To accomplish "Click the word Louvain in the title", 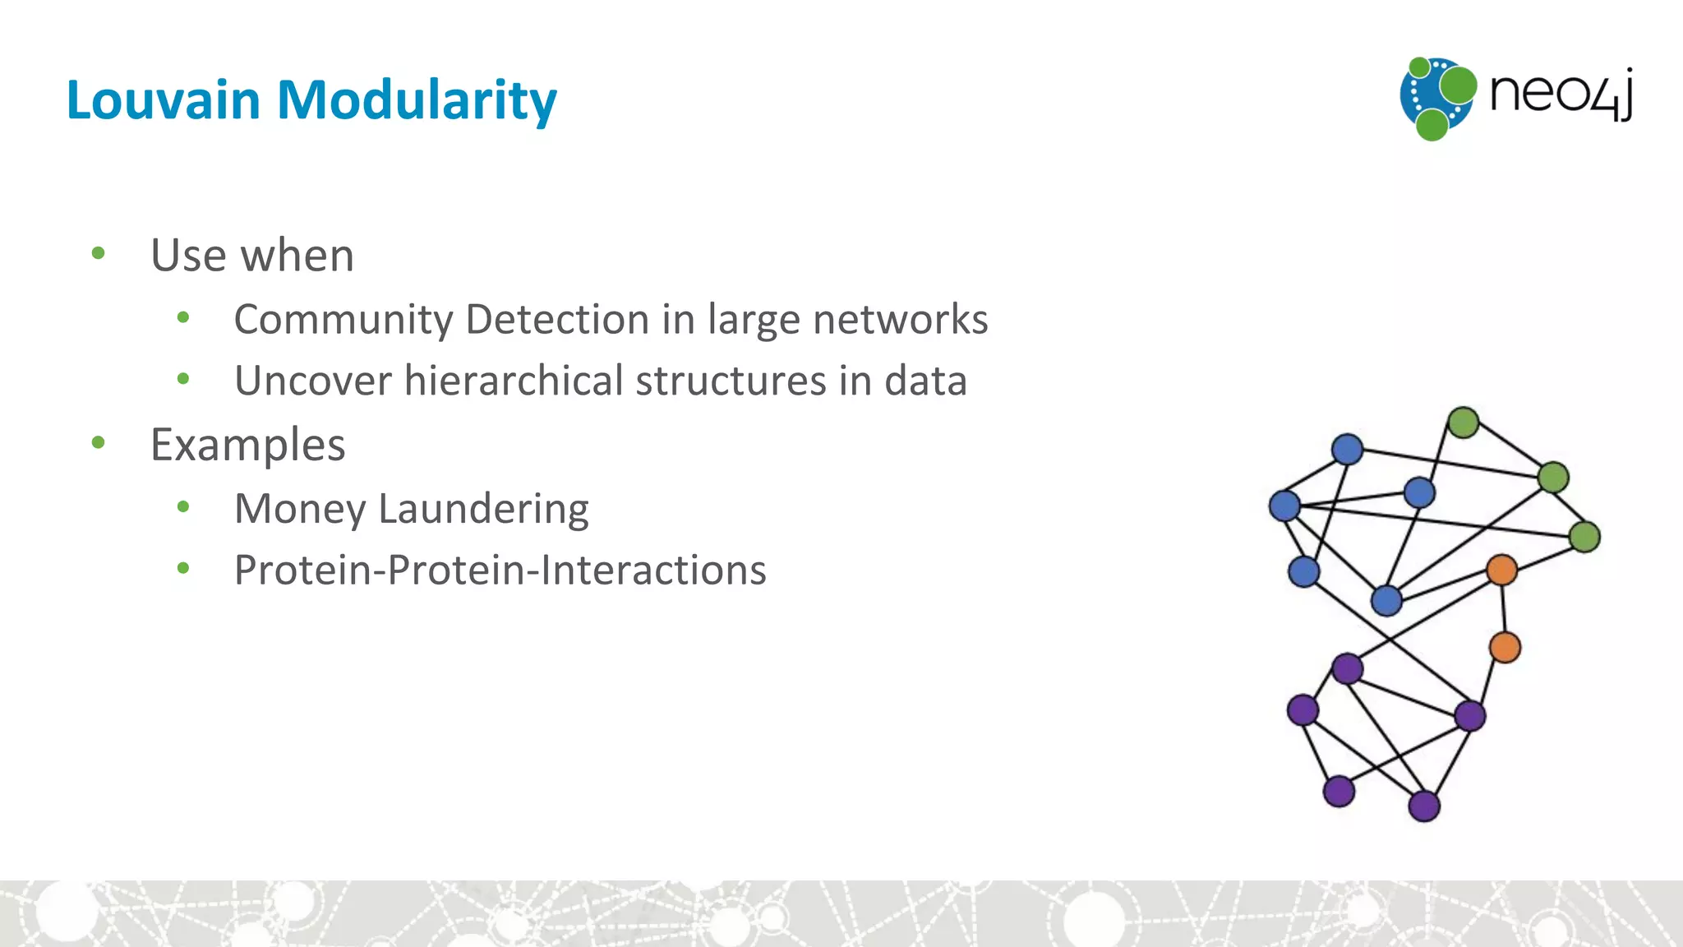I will [x=163, y=100].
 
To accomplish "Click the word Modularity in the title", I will [x=417, y=100].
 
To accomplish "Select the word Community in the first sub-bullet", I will [x=343, y=320].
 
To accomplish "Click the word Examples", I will [x=247, y=445].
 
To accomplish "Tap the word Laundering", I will [x=483, y=509].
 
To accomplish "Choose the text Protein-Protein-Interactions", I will [x=500, y=571].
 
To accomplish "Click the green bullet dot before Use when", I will [x=99, y=253].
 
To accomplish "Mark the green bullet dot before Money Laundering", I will [x=183, y=507].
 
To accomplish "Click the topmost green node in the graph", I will [x=1463, y=423].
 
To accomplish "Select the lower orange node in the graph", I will [x=1505, y=647].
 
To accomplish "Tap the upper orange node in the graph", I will [x=1501, y=569].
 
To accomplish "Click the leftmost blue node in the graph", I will [x=1284, y=506].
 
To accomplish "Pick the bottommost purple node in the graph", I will [x=1423, y=806].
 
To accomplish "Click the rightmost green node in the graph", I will [x=1584, y=537].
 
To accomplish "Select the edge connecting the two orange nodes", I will [x=1503, y=608].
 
